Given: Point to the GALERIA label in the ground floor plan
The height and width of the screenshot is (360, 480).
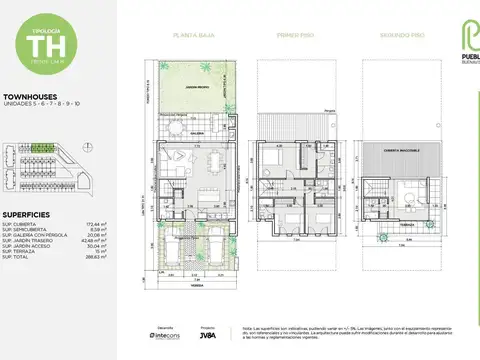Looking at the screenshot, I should click(x=198, y=130).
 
